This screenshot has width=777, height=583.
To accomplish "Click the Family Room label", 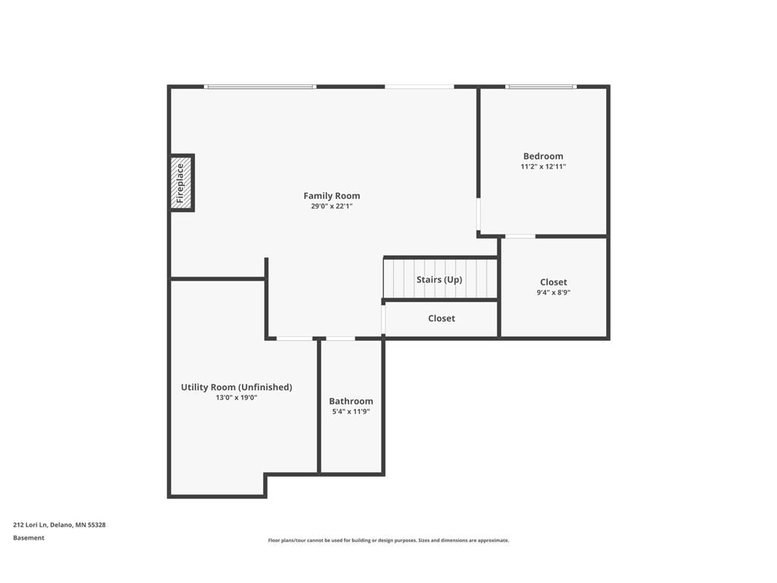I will (332, 196).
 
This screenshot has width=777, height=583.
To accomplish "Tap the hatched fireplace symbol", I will (181, 183).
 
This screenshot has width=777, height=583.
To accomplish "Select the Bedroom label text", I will (543, 156).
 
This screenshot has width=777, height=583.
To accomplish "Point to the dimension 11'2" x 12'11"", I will (543, 166).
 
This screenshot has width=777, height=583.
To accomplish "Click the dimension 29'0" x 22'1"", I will (332, 206).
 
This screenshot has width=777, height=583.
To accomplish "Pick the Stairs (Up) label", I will (439, 279).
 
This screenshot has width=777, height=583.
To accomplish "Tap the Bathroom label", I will (351, 402).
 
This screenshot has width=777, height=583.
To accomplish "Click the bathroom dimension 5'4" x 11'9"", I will (351, 411).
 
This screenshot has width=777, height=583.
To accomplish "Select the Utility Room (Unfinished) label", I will (236, 387).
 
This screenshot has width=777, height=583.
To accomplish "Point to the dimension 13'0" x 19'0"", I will (236, 397).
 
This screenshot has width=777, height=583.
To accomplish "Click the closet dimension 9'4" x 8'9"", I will (553, 292).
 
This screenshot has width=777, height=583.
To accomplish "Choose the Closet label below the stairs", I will (442, 319).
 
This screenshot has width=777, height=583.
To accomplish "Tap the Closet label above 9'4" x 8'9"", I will (553, 282).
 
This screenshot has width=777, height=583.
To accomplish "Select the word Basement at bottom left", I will (29, 538).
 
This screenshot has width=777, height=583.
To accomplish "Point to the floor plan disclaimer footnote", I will (388, 540).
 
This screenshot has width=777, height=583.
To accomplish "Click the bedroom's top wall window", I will (541, 87).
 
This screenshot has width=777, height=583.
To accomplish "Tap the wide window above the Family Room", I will (260, 87).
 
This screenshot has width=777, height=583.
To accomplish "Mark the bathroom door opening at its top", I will (340, 339).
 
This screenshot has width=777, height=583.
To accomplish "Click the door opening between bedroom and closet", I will (520, 237).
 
